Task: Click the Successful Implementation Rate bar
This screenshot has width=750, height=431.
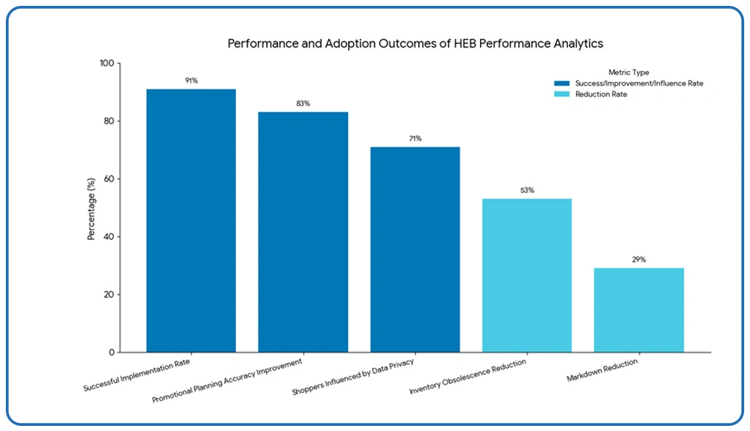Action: coord(191,220)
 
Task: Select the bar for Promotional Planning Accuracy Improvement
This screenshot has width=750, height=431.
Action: coord(303,232)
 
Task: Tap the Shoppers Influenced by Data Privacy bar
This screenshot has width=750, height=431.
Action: coord(414,250)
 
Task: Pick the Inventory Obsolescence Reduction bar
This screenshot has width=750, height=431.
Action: coord(526,275)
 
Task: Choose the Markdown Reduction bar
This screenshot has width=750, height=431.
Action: coord(638,310)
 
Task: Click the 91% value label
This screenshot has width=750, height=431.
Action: coord(191,80)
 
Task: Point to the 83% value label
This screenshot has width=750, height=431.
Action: coord(303,104)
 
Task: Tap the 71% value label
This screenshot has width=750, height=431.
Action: coord(414,138)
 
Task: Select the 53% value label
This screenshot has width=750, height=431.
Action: coord(526,190)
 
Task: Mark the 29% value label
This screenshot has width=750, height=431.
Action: coord(638,260)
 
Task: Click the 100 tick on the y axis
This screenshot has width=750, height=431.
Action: coord(107,64)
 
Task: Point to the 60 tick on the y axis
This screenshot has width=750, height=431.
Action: coord(109,179)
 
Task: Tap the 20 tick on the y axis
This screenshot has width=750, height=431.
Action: coord(109,295)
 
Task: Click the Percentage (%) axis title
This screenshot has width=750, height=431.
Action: coord(91,209)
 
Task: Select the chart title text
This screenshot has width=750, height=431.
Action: coord(415,43)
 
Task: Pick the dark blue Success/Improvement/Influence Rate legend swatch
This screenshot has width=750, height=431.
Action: coord(562,83)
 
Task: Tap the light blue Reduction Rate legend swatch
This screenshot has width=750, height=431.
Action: coord(562,94)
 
